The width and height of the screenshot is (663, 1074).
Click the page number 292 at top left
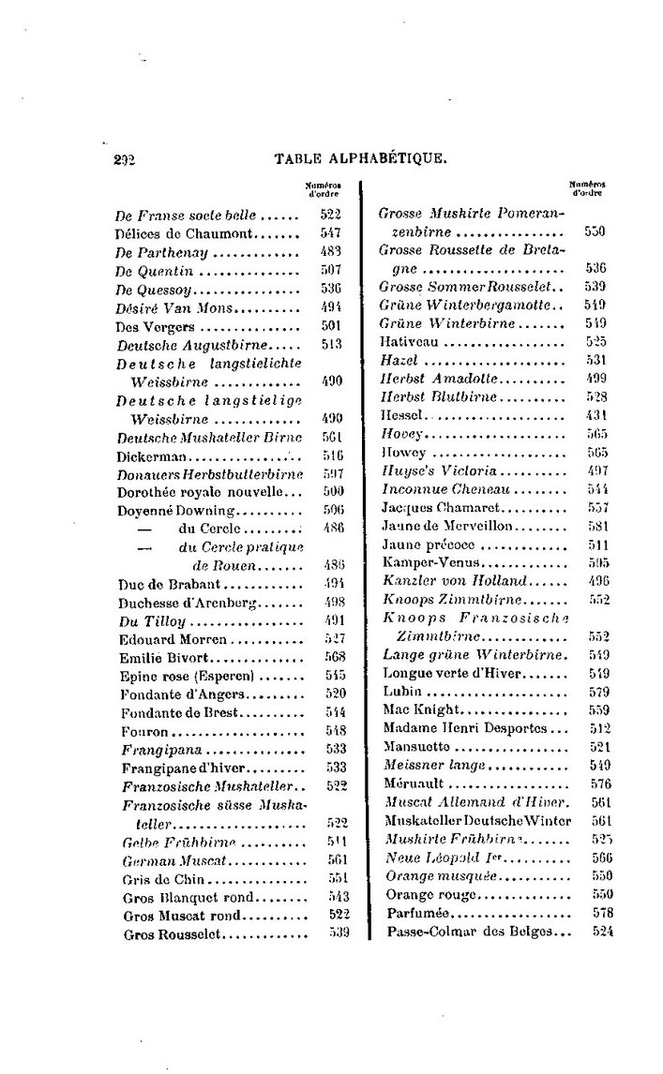(x=125, y=159)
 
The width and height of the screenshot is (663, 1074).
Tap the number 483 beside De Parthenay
(x=330, y=250)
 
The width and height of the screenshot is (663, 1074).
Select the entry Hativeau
(x=409, y=342)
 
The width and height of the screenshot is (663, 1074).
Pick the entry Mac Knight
(x=420, y=709)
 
